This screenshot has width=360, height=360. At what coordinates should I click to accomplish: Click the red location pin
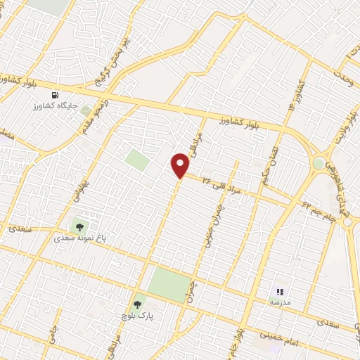(x=181, y=165)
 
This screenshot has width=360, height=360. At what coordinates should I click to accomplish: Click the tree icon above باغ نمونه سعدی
(x=78, y=226)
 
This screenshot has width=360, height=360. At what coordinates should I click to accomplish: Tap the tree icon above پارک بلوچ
(x=136, y=304)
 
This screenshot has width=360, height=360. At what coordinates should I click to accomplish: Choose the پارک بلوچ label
(x=137, y=316)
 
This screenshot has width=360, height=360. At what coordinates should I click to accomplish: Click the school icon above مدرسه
(x=279, y=291)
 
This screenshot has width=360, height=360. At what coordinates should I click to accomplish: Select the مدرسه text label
(x=279, y=302)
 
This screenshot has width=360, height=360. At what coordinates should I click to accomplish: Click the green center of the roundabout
(x=319, y=164)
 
